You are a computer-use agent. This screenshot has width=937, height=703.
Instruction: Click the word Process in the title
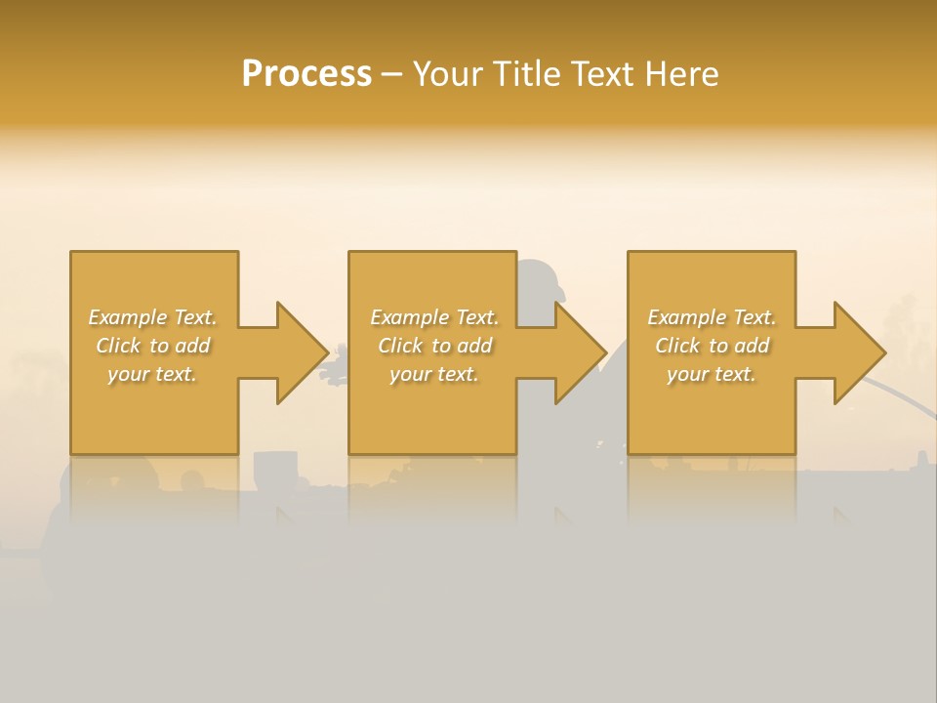(306, 74)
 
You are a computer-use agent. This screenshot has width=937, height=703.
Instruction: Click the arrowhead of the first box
(301, 352)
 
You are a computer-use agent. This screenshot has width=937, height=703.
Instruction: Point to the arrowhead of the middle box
(580, 352)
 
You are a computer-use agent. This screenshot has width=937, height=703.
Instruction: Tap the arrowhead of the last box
(858, 352)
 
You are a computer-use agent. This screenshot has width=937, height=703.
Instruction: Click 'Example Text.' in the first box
(152, 317)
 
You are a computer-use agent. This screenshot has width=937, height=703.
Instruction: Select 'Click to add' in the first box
(152, 346)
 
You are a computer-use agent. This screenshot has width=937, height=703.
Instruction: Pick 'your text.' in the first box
(152, 374)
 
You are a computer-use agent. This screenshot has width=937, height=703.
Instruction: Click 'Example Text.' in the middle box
(433, 317)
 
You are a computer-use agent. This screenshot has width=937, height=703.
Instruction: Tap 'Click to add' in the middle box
(433, 346)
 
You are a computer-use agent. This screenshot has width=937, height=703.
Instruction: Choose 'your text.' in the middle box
(433, 374)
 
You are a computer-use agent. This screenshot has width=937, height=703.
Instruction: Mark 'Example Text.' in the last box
(711, 317)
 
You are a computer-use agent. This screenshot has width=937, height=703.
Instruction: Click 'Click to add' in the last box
(711, 346)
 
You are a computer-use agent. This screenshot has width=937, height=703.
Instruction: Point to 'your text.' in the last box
(711, 374)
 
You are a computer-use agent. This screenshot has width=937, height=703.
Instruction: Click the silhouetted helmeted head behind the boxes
(542, 280)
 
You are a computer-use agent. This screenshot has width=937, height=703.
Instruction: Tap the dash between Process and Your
(391, 75)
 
